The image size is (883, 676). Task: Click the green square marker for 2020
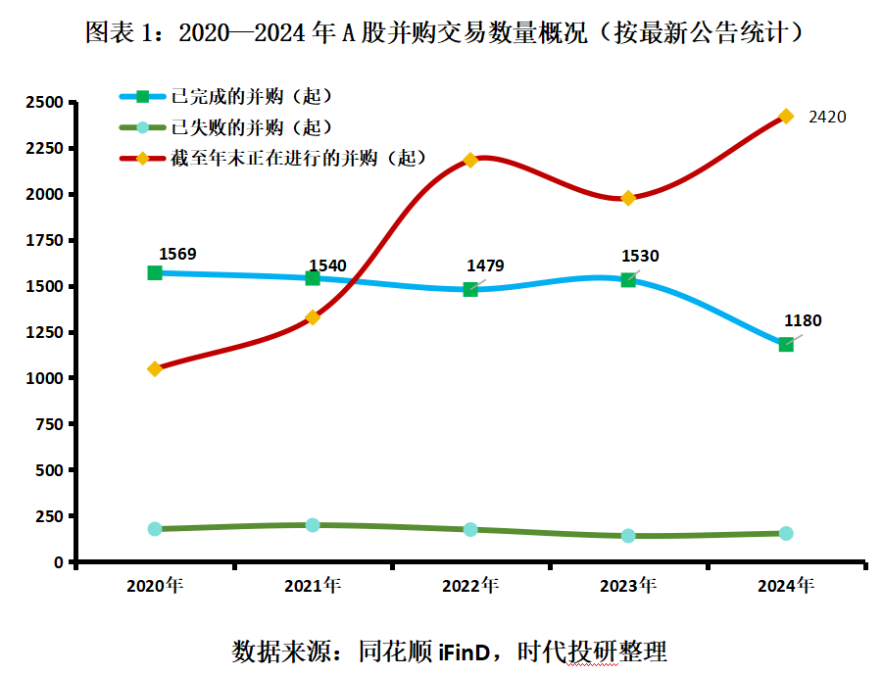(x=155, y=272)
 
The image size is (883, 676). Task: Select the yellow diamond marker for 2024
(x=786, y=117)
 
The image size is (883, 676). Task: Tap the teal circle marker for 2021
(x=313, y=525)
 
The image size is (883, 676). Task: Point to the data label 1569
(x=176, y=254)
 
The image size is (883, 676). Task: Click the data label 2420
(x=826, y=117)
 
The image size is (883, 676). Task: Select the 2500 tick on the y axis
(x=44, y=102)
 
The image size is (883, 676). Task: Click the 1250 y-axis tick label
(x=44, y=332)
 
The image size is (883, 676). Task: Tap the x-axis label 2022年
(x=470, y=587)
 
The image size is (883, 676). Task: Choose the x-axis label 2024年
(x=786, y=587)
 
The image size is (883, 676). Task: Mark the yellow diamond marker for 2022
(x=470, y=160)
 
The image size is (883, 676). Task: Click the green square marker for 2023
(x=628, y=280)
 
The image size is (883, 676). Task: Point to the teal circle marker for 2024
(x=786, y=534)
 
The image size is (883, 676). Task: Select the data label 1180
(x=803, y=320)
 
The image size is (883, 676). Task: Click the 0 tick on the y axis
(x=58, y=561)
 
